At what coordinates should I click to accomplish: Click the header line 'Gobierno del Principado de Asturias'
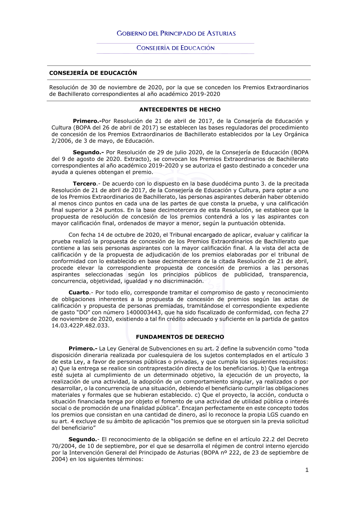pos(176,33)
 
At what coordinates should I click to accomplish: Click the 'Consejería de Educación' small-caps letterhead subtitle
pos(175,48)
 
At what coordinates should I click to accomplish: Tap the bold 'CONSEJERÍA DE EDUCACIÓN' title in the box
pos(93,73)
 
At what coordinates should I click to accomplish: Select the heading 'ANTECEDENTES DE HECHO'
pos(180,109)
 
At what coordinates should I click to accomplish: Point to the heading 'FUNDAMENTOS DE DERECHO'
pos(180,337)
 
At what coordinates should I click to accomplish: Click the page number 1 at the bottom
pos(307,470)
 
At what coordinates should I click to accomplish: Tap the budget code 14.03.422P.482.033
pos(80,325)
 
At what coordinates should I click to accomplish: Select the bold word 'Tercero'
pos(85,184)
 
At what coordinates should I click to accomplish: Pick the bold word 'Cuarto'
pos(79,293)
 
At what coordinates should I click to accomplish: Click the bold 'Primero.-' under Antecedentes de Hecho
pos(87,121)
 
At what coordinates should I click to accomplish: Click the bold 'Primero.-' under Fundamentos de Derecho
pos(83,348)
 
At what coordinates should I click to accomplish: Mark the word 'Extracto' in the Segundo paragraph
pos(136,159)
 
